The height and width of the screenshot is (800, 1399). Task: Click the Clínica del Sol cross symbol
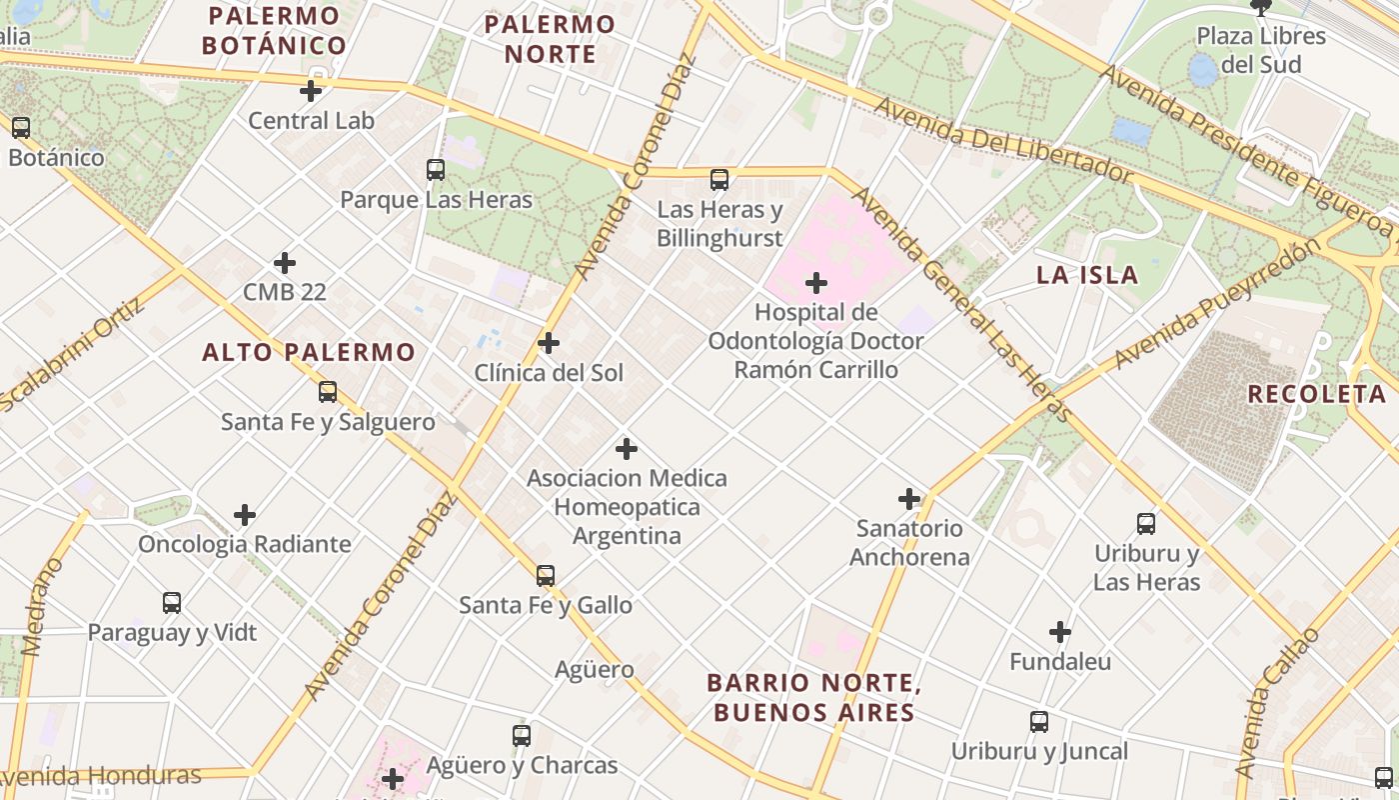coord(549,343)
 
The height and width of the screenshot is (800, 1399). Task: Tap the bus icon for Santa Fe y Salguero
coord(328,392)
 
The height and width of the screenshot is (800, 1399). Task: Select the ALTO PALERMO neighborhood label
coord(308,352)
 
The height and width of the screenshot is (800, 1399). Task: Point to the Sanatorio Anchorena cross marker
coord(909,498)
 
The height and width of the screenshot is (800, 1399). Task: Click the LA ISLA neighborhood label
coord(1087,275)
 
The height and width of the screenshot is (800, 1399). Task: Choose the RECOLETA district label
coord(1316,394)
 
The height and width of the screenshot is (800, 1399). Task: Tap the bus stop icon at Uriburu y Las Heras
coord(1146,523)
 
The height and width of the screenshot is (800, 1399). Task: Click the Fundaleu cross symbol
coord(1060,632)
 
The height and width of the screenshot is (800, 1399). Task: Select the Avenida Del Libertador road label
coord(1003,140)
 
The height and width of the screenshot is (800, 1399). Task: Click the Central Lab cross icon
coord(311,91)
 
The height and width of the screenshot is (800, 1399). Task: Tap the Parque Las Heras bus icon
coord(436,170)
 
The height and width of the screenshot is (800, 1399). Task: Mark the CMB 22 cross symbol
coord(285,263)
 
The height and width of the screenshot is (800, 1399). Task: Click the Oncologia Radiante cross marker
coord(245,515)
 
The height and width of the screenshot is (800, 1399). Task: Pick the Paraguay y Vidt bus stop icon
coord(172,603)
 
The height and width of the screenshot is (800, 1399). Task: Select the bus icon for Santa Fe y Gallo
coord(546,576)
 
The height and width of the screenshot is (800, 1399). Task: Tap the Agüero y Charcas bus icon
coord(522,736)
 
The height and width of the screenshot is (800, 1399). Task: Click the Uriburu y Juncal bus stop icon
coord(1039,722)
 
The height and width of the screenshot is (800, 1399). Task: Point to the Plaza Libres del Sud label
coord(1261,50)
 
